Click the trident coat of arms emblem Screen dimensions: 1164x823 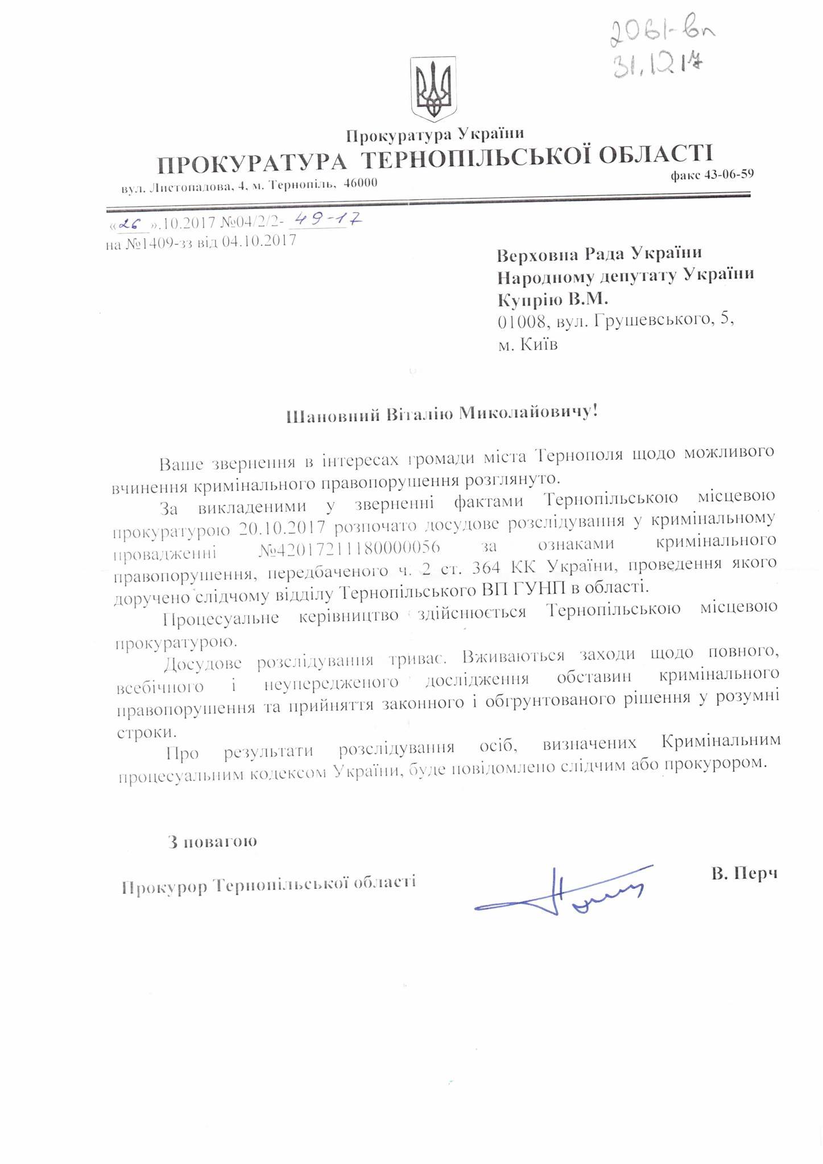434,89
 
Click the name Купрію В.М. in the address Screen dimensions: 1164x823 545,299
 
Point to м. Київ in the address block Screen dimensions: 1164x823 528,345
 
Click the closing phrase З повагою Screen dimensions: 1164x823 212,841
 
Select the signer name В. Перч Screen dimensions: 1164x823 744,874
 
